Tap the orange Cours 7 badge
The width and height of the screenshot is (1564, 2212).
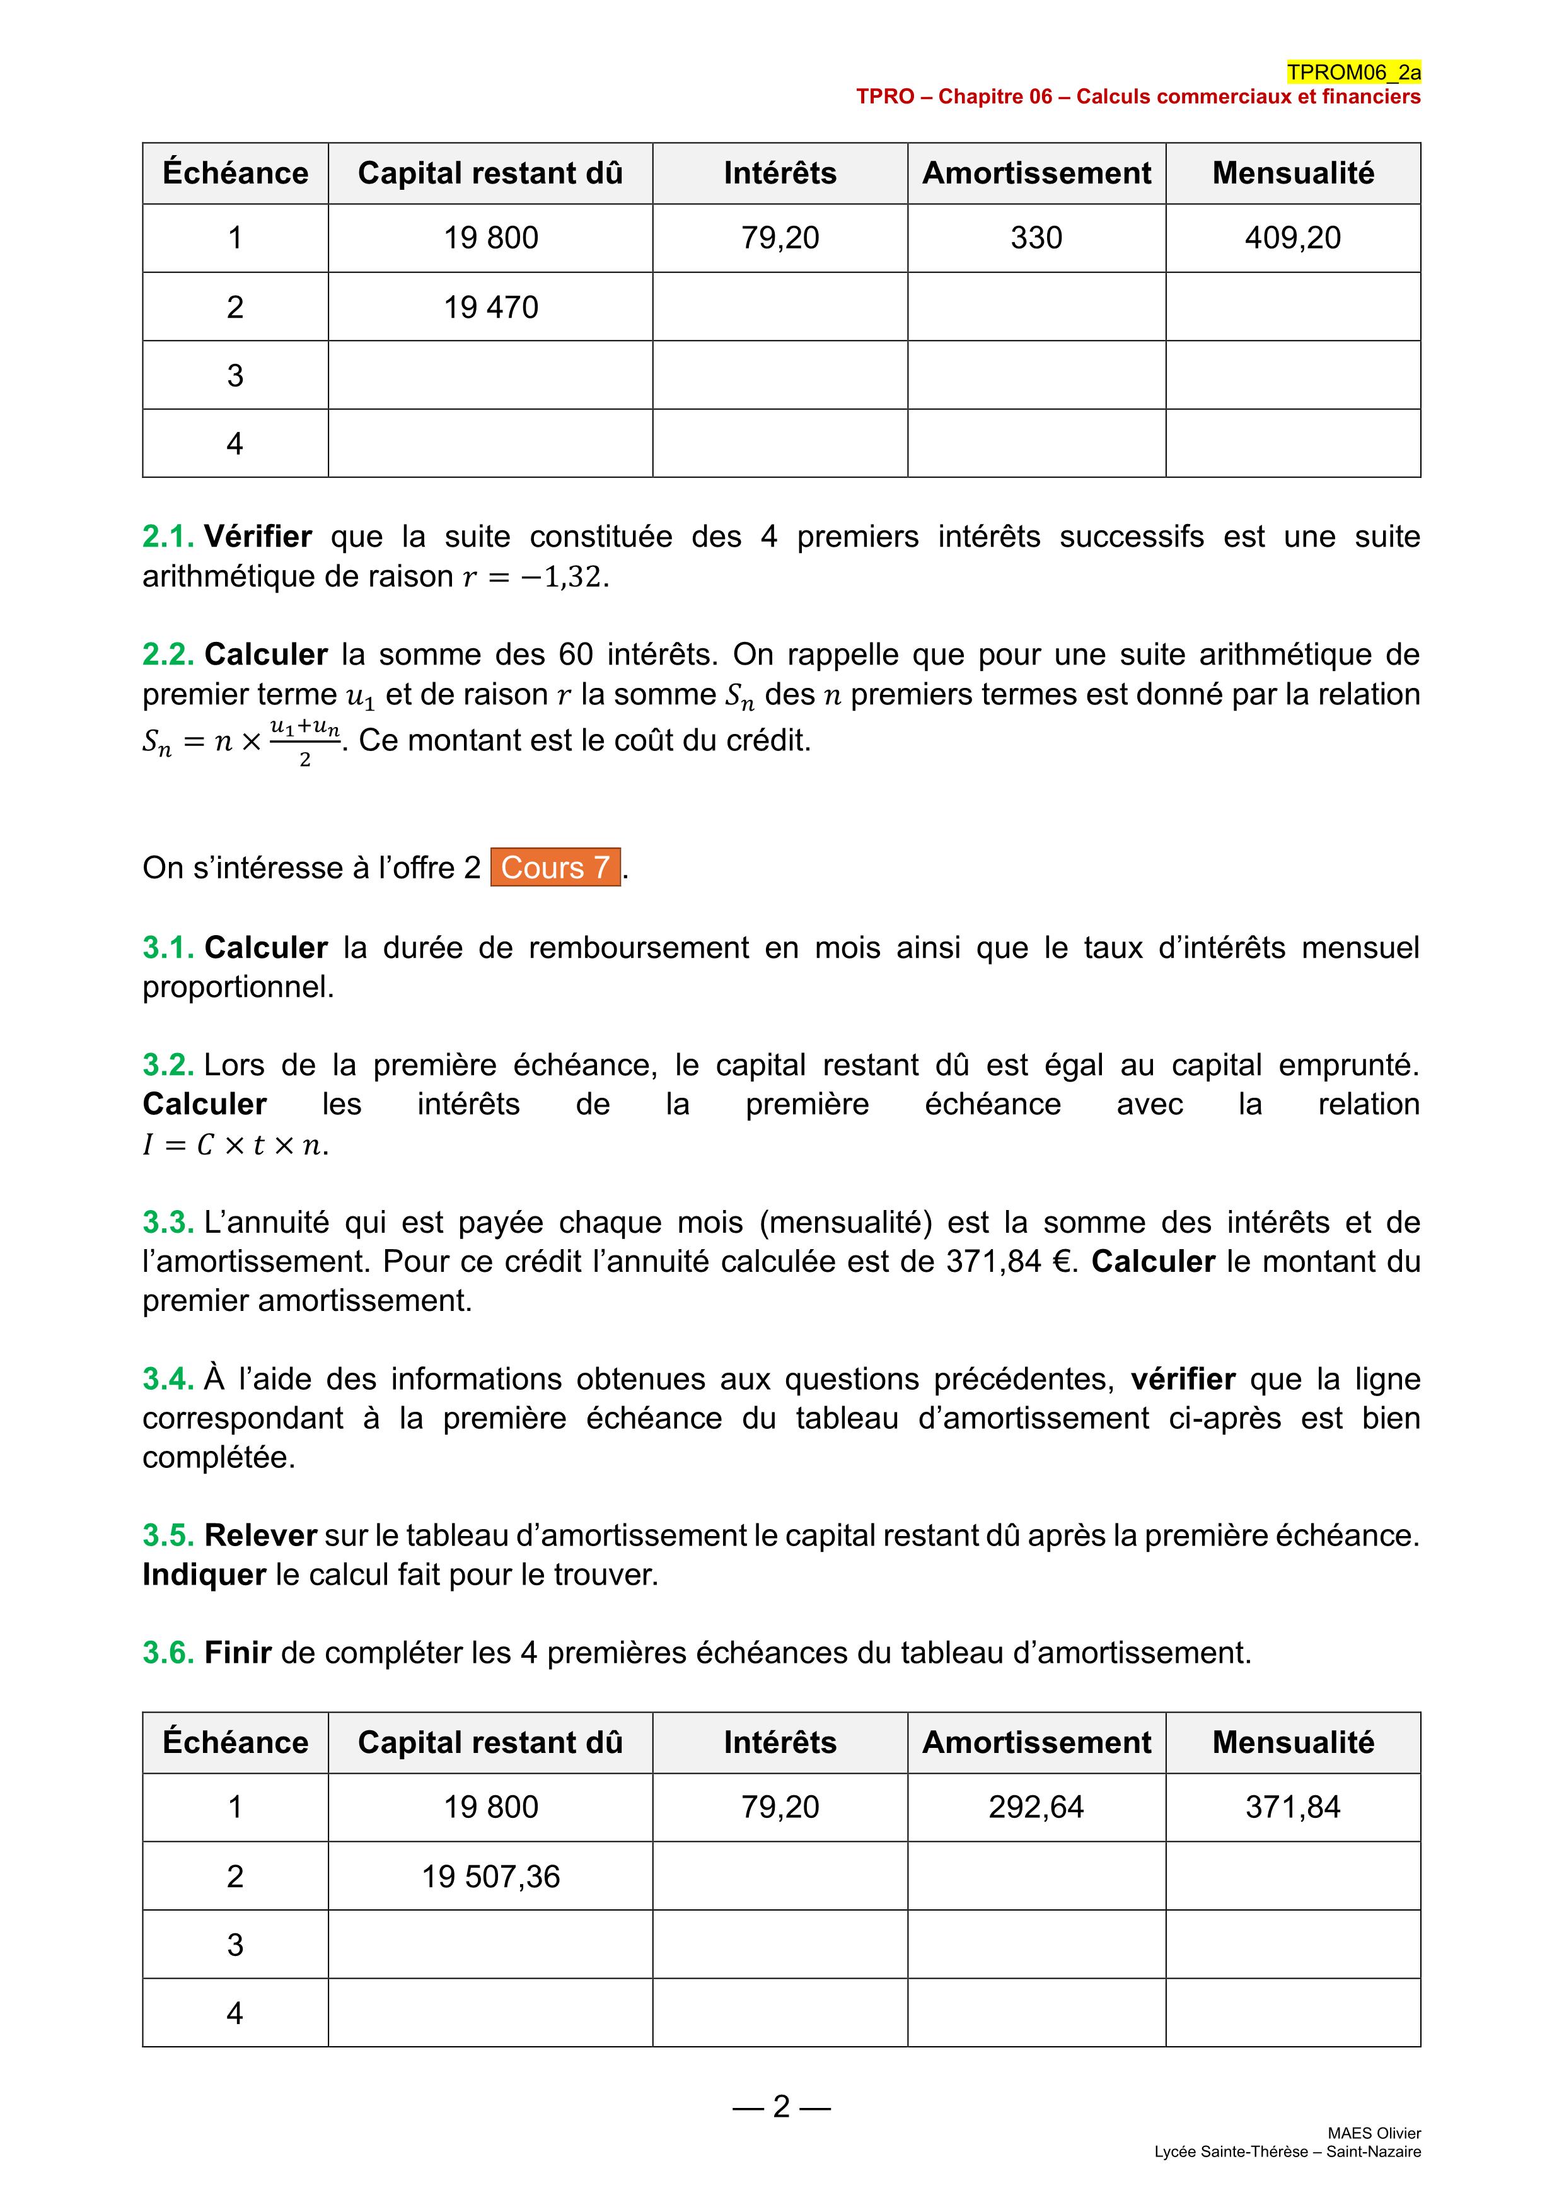[555, 867]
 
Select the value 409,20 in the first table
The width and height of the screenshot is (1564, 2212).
[1292, 238]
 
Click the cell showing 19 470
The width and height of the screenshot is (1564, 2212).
[490, 307]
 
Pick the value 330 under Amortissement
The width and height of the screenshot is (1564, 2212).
[1036, 238]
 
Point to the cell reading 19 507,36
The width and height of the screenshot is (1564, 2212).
[490, 1876]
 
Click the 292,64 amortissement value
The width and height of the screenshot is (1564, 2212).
[1036, 1807]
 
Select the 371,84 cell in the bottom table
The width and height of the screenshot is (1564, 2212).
[1292, 1807]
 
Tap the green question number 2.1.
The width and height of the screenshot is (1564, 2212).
[168, 537]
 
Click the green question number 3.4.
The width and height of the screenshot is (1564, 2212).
[168, 1378]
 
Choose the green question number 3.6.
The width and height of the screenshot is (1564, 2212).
[168, 1652]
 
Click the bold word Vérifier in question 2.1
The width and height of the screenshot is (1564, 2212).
[258, 537]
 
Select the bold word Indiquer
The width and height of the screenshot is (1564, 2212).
[204, 1575]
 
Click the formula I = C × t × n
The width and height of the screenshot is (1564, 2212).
[235, 1144]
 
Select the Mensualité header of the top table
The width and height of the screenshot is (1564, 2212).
[1292, 173]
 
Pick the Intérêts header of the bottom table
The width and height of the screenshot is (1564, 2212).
[780, 1742]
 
